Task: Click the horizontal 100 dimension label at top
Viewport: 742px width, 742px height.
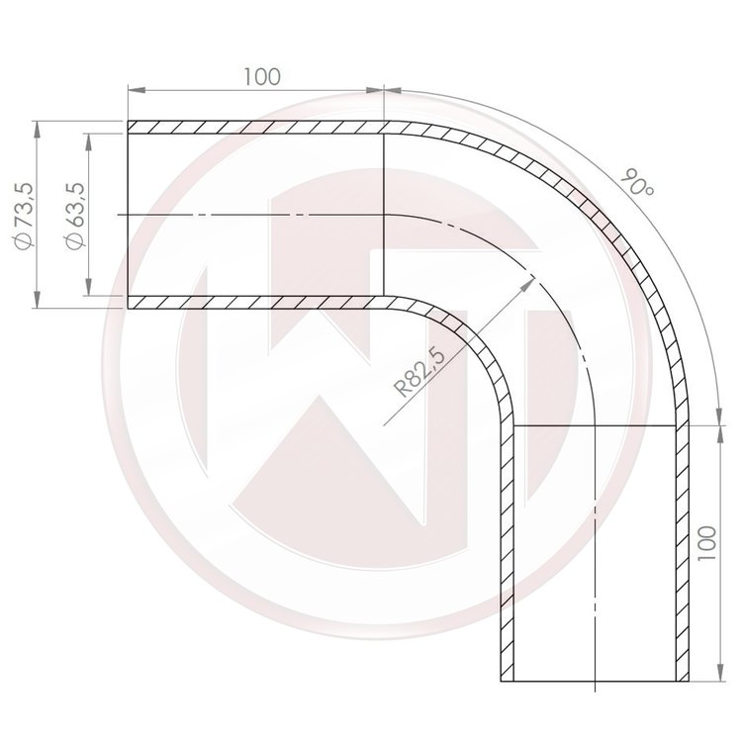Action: click(x=262, y=76)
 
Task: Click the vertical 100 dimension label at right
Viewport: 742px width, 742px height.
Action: click(x=708, y=543)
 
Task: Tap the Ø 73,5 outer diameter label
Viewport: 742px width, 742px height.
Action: click(x=24, y=216)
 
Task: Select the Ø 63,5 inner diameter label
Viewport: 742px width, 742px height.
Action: click(x=75, y=216)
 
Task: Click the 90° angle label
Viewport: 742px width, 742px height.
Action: click(x=637, y=183)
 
